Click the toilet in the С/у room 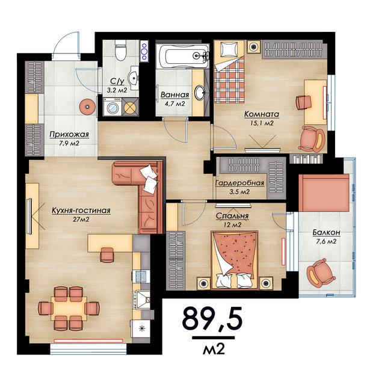click(120, 50)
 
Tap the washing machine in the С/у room click(113, 106)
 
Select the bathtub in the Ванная click(183, 56)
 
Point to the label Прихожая click(69, 134)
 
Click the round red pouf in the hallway click(88, 107)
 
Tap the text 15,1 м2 click(262, 123)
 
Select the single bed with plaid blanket click(229, 72)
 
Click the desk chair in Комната click(304, 102)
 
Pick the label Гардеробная click(239, 183)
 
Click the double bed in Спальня click(235, 260)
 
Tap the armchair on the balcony click(321, 272)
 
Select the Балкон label click(326, 232)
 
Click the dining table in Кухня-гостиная click(69, 309)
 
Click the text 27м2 click(81, 220)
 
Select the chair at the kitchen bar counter click(107, 254)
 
